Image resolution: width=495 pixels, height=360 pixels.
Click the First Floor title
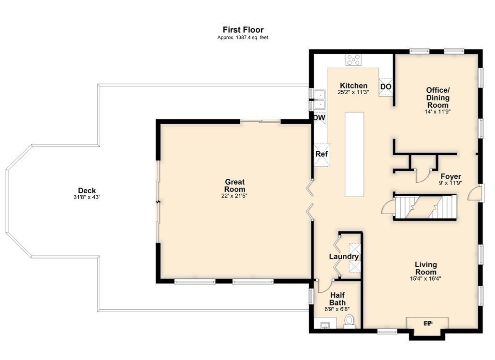[x=243, y=29]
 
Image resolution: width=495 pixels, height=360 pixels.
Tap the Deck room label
[x=87, y=190]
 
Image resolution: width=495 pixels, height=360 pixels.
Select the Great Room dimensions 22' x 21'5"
[x=234, y=196]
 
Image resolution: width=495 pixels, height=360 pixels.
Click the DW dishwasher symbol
[x=319, y=118]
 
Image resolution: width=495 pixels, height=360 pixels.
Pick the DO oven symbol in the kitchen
[x=386, y=86]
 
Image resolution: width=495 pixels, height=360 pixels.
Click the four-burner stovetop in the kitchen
[x=353, y=59]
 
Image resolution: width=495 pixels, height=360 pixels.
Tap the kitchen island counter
[x=354, y=154]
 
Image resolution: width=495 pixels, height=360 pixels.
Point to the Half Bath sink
[x=325, y=325]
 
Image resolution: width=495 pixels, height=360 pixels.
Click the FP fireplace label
[x=427, y=323]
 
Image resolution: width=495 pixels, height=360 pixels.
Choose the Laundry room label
[x=344, y=257]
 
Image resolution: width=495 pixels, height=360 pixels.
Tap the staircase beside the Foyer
[x=425, y=207]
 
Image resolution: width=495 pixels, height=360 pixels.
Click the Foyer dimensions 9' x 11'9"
[x=451, y=183]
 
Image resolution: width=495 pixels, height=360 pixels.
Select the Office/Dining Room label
[x=438, y=98]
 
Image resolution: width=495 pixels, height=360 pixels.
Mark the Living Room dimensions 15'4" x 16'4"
[x=425, y=279]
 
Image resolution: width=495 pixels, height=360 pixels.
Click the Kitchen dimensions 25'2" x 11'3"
[x=353, y=92]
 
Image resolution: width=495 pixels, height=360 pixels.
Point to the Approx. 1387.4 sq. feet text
[x=243, y=38]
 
